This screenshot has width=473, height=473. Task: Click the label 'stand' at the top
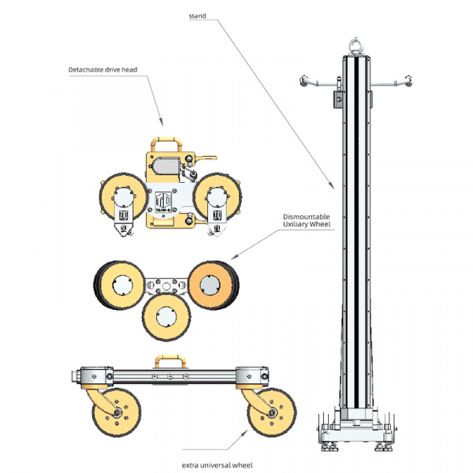point(199,16)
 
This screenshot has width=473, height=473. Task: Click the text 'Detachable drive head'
point(102,70)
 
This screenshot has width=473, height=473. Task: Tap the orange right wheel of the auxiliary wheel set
point(211,281)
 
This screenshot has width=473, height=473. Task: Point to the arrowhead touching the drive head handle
point(163,124)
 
